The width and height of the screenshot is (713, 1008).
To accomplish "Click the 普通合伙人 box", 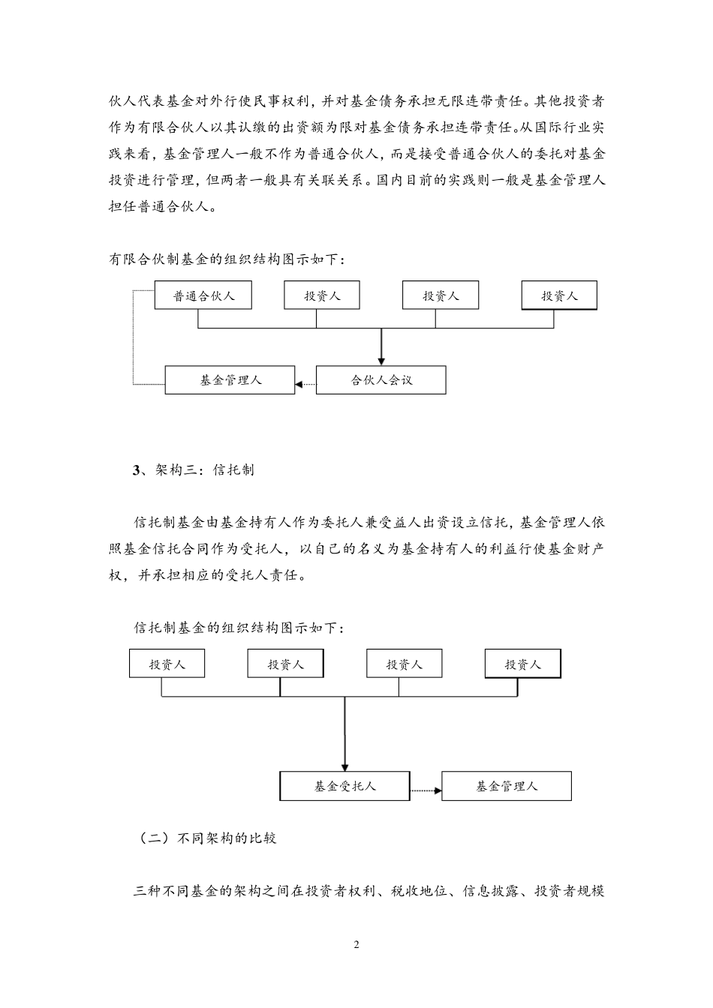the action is [x=203, y=295].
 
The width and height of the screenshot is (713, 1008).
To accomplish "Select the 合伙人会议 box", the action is [x=381, y=380].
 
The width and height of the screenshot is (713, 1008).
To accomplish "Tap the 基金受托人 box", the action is [x=344, y=786].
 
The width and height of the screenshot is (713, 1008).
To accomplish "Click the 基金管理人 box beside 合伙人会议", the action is [x=230, y=380].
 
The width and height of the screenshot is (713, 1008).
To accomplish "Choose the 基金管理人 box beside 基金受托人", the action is [x=506, y=786].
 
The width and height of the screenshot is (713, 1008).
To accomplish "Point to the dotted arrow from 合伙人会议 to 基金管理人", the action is [x=305, y=385].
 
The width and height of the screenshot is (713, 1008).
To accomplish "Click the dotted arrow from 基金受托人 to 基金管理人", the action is [x=426, y=790].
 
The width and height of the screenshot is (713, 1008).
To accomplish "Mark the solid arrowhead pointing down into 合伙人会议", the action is [x=381, y=360].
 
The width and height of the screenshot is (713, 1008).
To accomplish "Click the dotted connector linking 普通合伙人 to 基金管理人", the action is [x=134, y=337].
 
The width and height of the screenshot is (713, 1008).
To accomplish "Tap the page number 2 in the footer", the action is [x=356, y=944].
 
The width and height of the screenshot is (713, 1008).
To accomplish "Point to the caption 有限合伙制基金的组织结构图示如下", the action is [x=227, y=259].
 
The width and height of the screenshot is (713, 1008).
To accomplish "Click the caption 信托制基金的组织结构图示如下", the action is [x=239, y=628].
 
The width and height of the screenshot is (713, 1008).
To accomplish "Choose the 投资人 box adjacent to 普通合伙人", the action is [x=322, y=295].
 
